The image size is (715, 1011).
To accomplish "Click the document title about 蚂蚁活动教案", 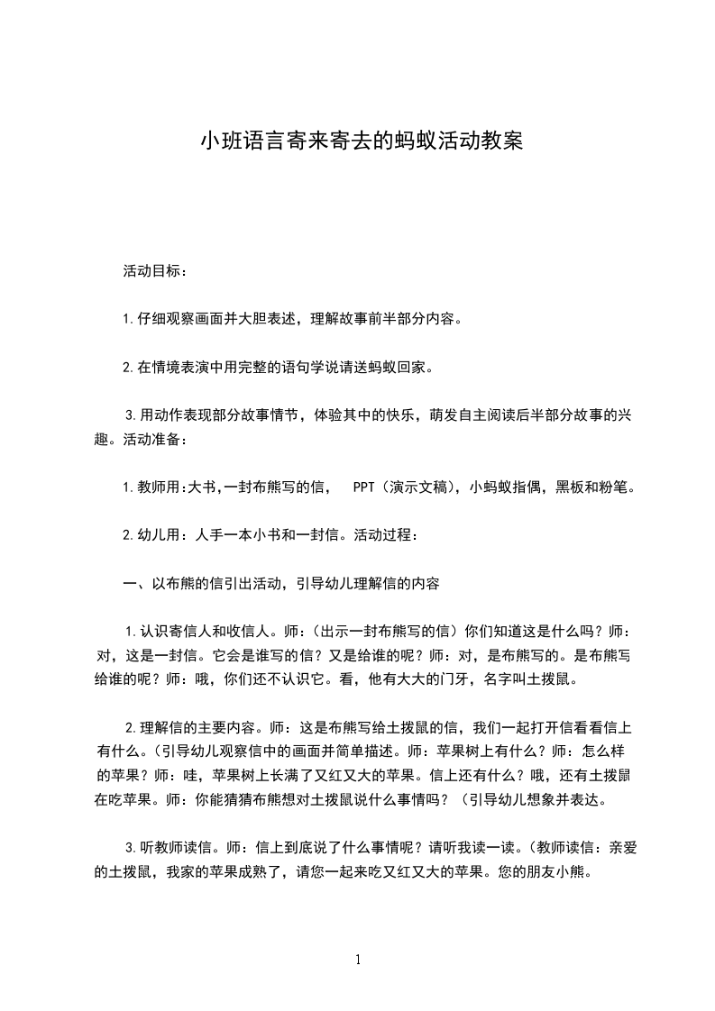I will coord(361,141).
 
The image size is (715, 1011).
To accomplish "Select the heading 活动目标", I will coord(155,270).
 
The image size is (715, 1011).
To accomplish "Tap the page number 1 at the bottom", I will coord(358,960).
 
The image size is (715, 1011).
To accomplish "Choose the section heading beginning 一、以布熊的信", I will coord(281,584).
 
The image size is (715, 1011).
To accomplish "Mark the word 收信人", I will coord(232,632).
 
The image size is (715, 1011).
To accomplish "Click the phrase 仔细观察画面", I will coord(184,319).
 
